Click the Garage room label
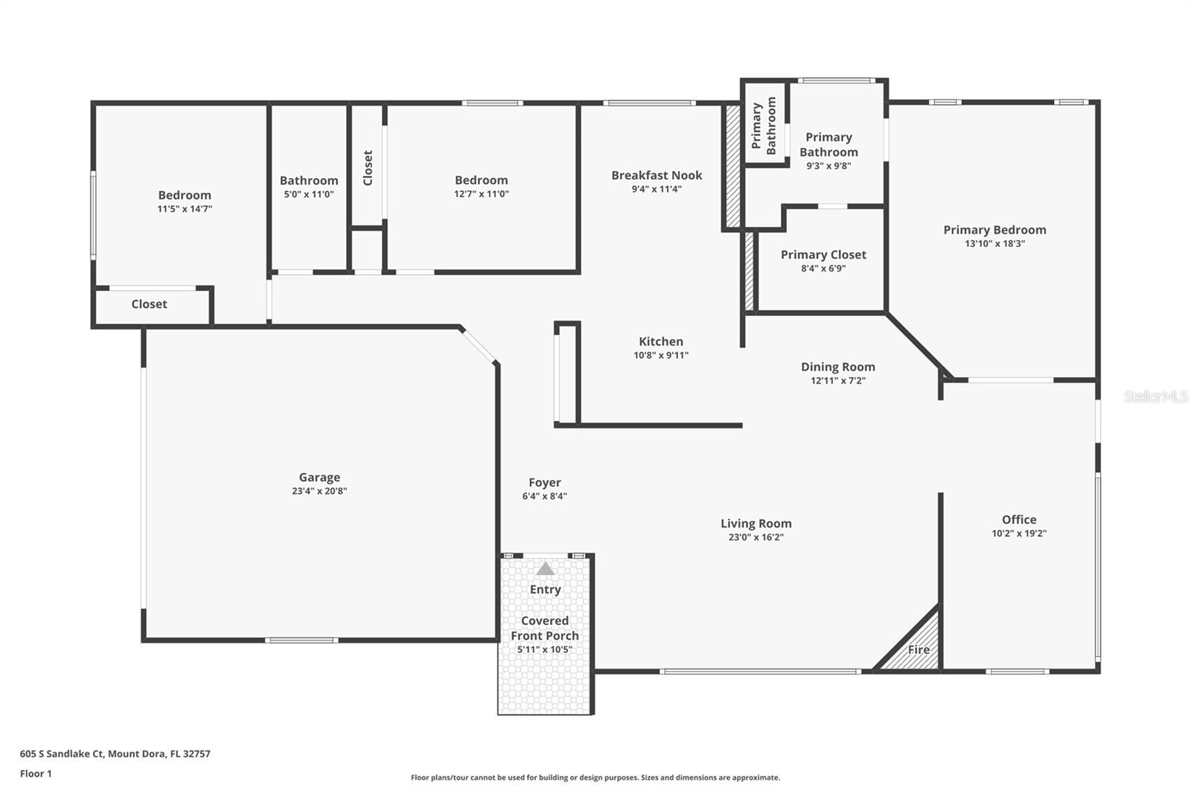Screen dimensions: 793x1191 (x=319, y=478)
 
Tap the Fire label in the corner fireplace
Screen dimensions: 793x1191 (x=919, y=649)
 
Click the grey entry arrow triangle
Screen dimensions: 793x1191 (x=546, y=569)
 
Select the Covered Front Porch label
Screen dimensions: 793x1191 (x=545, y=628)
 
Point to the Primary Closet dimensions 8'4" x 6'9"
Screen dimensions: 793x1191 (x=823, y=269)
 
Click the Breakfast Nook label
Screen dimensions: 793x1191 (x=657, y=176)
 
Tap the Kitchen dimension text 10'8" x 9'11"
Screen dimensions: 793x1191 (x=661, y=356)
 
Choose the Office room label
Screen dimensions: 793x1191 (x=1018, y=519)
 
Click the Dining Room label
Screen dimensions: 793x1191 (x=837, y=367)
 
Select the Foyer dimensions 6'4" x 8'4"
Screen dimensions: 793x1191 (x=545, y=496)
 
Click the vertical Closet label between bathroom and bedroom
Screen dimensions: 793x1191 (x=368, y=167)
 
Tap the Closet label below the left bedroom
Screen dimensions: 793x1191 (x=149, y=304)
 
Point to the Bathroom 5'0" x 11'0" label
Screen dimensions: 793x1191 (x=309, y=186)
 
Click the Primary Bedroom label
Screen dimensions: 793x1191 (x=994, y=230)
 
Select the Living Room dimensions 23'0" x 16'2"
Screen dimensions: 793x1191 (x=756, y=537)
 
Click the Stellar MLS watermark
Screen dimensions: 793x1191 (x=1155, y=396)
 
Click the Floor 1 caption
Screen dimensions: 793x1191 (x=36, y=774)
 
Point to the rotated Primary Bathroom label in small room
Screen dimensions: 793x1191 (x=764, y=126)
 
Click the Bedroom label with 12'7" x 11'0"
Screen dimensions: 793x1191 (x=481, y=180)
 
